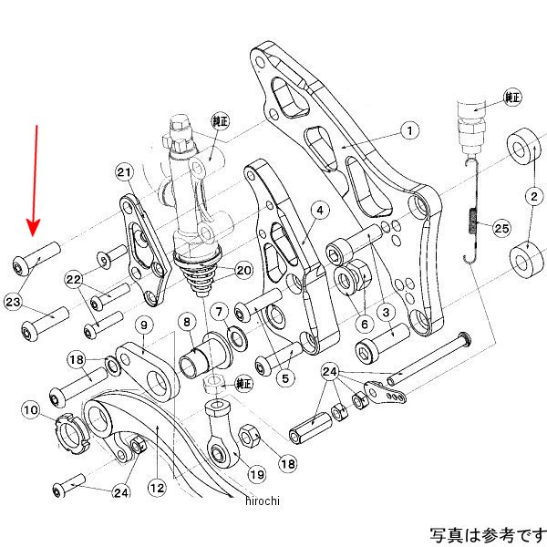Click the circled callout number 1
click(410, 131)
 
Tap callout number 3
click(386, 313)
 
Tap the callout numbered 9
click(143, 325)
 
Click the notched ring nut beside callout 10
click(72, 427)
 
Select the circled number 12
click(158, 489)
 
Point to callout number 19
click(257, 474)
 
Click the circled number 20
click(243, 270)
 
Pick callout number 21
click(125, 172)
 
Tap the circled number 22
click(74, 280)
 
